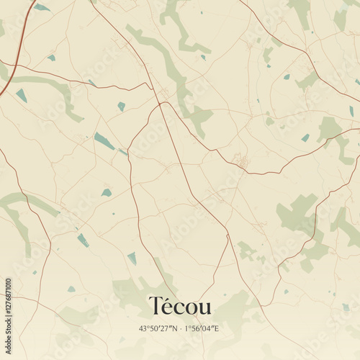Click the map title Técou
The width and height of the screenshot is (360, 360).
180,306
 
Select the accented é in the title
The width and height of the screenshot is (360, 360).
168,307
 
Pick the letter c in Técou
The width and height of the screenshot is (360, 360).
179,308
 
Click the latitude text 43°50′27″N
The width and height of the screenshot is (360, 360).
158,328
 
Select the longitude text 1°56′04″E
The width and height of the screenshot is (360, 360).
204,328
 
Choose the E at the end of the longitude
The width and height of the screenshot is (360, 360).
219,328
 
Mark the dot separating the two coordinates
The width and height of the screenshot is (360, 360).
181,328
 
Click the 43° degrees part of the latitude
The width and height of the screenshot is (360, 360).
145,328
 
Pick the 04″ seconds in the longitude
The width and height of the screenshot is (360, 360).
211,328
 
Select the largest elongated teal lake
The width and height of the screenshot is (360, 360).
104,141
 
